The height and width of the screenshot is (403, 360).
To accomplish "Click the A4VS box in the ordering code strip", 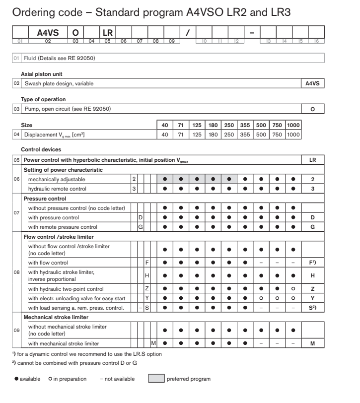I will click(48, 33).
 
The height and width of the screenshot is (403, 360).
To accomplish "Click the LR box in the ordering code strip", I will click(107, 33).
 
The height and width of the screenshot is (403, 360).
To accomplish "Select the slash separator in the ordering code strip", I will click(187, 33).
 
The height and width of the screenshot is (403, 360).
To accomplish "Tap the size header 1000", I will click(293, 126).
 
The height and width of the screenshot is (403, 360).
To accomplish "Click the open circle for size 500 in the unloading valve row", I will click(261, 298).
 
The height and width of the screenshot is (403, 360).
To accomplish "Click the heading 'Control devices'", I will click(41, 149).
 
